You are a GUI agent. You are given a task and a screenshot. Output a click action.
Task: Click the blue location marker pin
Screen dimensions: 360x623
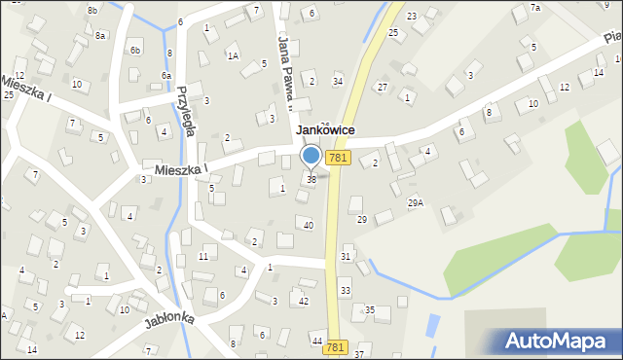click(311, 156)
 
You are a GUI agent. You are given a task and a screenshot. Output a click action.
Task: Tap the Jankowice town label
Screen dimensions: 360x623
click(325, 130)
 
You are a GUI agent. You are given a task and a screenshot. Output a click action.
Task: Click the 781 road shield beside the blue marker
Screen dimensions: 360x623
click(338, 157)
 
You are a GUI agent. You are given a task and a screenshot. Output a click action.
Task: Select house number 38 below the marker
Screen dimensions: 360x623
click(311, 179)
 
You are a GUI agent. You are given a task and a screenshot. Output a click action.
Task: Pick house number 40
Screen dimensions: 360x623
click(309, 225)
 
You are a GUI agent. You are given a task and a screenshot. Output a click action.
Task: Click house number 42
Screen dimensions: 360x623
click(304, 301)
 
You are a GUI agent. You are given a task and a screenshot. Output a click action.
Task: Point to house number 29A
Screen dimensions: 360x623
click(416, 202)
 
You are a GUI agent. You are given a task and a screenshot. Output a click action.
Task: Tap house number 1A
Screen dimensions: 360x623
click(233, 55)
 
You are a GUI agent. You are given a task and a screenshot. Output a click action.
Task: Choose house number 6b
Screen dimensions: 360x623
click(135, 50)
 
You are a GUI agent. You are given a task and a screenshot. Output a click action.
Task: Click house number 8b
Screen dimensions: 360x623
click(92, 10)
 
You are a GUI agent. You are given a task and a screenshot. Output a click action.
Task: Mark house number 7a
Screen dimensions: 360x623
click(534, 8)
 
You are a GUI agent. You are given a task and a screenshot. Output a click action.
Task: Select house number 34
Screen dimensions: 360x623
click(337, 81)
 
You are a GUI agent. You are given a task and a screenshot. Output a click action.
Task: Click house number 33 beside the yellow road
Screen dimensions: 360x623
click(345, 291)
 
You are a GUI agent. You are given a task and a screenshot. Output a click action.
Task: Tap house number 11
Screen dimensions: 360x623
click(202, 256)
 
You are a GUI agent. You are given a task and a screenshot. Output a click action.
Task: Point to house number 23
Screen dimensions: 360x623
click(411, 16)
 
